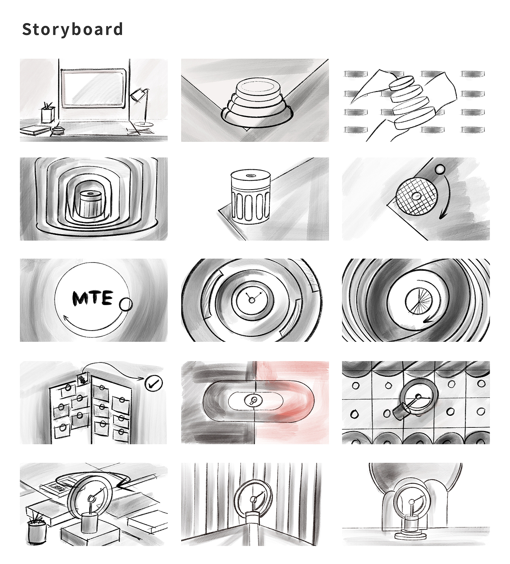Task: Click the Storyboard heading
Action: pyautogui.click(x=73, y=29)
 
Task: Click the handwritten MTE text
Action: pyautogui.click(x=93, y=298)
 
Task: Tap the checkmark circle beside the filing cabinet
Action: pyautogui.click(x=153, y=383)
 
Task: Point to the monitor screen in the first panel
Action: pyautogui.click(x=93, y=88)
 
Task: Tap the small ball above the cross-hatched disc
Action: pyautogui.click(x=439, y=170)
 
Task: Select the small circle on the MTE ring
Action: pyautogui.click(x=126, y=305)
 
